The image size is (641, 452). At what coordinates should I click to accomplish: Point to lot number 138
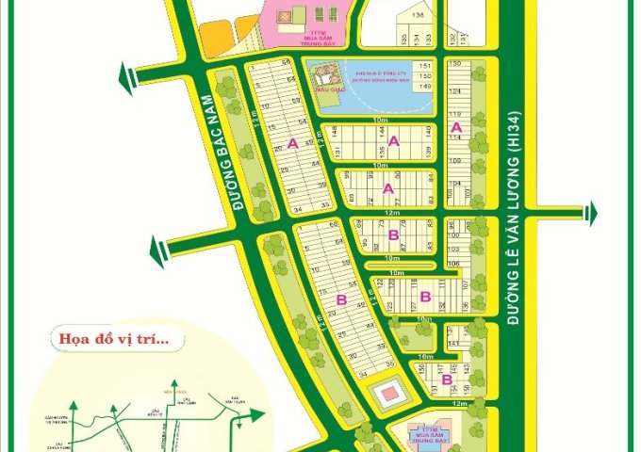pos(418,17)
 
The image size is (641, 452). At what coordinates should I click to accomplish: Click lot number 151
pos(425,65)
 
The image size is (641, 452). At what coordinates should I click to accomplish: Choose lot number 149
pos(425,87)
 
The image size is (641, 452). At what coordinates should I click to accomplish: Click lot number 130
pos(454,63)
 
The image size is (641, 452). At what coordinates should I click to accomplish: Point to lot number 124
pos(454,91)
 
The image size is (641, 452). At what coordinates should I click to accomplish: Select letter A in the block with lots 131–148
pos(394,142)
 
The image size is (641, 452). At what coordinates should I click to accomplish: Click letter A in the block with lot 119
pos(456,127)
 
